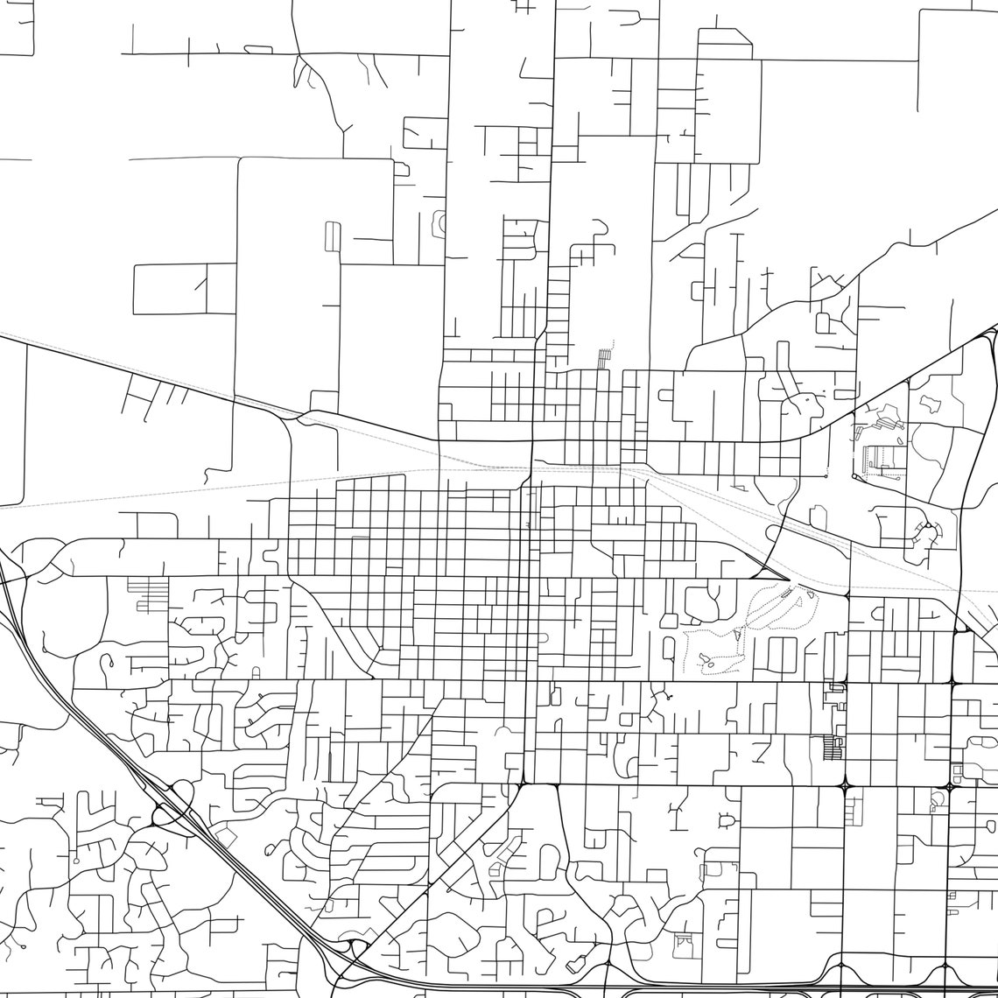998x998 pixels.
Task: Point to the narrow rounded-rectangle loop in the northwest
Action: click(x=333, y=236)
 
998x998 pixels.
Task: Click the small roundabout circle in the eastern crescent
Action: click(x=924, y=528)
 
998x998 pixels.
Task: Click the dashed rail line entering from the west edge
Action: click(x=53, y=503)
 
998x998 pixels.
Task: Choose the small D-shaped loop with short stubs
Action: click(x=726, y=820)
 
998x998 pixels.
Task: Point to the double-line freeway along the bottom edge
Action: click(x=700, y=992)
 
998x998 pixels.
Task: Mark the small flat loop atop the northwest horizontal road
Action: click(x=258, y=49)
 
